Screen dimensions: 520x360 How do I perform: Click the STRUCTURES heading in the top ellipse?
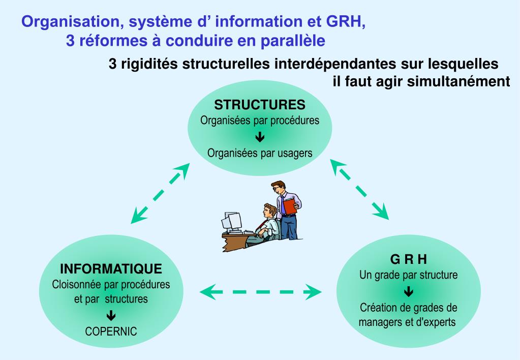pyautogui.click(x=260, y=105)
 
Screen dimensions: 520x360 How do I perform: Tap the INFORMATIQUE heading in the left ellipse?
pyautogui.click(x=111, y=268)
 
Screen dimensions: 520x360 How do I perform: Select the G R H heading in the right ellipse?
pyautogui.click(x=409, y=260)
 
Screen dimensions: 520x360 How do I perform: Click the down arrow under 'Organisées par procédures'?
pyautogui.click(x=260, y=136)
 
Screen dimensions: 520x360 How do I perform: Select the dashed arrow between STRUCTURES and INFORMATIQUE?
pyautogui.click(x=159, y=194)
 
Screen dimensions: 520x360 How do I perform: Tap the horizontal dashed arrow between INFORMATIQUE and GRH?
pyautogui.click(x=261, y=292)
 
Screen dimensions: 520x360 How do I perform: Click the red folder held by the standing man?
pyautogui.click(x=289, y=206)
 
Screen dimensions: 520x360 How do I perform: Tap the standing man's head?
pyautogui.click(x=278, y=187)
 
